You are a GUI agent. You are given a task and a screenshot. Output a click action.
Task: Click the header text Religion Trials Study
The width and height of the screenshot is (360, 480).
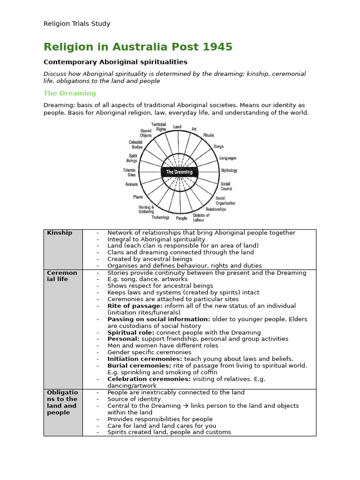tap(77, 24)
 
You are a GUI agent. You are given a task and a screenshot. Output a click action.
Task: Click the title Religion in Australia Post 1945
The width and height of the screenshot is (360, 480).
tap(138, 47)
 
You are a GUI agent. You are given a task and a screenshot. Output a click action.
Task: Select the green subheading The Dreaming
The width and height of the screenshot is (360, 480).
tap(69, 93)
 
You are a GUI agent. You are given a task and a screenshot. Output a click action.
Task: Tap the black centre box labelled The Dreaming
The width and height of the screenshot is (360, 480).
tap(179, 172)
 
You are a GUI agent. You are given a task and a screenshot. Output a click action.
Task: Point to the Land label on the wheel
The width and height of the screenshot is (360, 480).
tap(177, 127)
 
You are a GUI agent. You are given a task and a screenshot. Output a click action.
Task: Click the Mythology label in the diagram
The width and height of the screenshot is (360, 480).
tap(229, 171)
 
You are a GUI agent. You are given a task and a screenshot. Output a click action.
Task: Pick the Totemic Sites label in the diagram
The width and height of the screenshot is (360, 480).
tap(129, 172)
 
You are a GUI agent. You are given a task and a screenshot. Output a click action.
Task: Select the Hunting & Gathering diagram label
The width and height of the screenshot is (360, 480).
tap(146, 209)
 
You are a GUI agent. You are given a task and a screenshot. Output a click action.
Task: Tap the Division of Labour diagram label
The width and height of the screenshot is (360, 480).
tap(201, 217)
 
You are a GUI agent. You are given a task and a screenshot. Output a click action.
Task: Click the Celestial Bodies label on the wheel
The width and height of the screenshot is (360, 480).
tap(135, 144)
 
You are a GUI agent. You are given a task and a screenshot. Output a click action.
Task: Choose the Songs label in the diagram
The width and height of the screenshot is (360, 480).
tap(218, 147)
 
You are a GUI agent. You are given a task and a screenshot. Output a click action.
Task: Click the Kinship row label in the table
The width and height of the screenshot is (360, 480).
tap(60, 233)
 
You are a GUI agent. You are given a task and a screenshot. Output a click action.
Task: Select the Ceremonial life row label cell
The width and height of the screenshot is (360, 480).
tap(62, 276)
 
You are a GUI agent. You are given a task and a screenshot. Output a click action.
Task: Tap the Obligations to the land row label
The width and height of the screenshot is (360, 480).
tap(62, 402)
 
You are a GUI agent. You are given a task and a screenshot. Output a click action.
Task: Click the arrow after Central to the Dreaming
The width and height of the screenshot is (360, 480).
tap(186, 406)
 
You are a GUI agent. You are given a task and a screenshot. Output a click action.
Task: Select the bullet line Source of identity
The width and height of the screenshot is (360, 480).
tap(134, 399)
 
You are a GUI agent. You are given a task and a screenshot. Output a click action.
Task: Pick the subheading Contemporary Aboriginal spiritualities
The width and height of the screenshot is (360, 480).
tap(115, 62)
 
